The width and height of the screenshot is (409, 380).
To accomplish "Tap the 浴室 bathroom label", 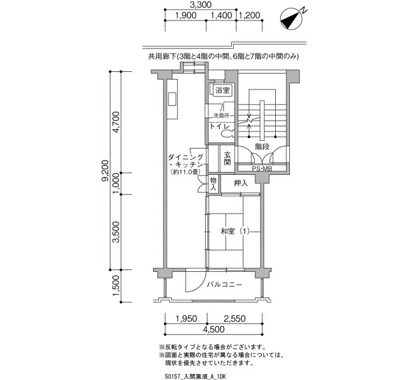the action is coord(223,91).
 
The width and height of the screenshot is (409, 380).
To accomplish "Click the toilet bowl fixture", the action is coord(227,134).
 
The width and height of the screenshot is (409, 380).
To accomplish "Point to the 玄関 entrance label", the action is coord(227,158).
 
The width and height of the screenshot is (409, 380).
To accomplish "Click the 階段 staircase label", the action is coord(262,146).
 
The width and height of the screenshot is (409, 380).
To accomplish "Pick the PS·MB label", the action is coord(262,168).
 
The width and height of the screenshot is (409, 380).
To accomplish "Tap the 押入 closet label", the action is coord(241,183).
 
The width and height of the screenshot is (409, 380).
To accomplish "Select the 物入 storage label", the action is coord(213,184).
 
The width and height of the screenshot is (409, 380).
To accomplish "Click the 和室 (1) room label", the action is coord(235,232).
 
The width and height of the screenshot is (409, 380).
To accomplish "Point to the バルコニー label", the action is coord(224,285).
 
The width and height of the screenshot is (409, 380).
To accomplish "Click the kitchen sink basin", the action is coord(172,99).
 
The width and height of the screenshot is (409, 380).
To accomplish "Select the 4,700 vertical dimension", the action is coord(116,122).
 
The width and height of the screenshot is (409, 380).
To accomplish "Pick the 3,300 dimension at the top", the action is coord(200,5).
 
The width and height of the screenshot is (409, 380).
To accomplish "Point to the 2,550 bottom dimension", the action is coord(234,319).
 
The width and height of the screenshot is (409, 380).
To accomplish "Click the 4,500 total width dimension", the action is coord(213,329).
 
